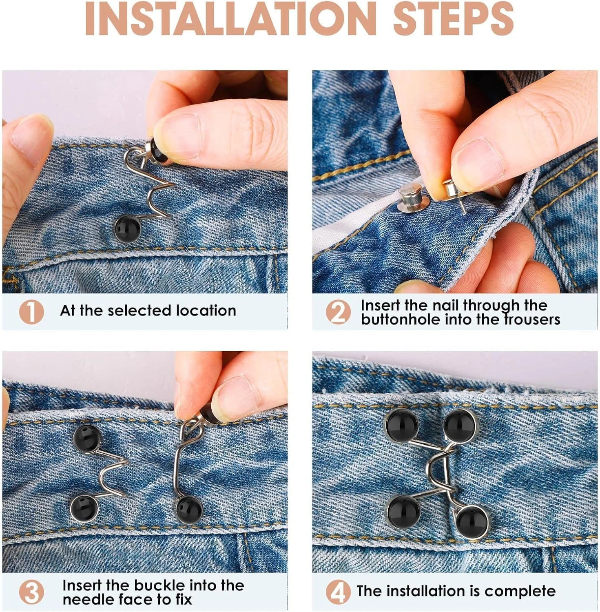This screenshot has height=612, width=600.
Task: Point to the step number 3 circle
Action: coord(31,592)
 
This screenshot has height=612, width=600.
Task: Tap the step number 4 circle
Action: coord(338,592)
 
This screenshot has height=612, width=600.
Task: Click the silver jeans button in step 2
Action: coord(413,198)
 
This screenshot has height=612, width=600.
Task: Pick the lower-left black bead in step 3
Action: coord(85,508)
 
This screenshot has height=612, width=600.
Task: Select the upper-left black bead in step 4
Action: coord(402,425)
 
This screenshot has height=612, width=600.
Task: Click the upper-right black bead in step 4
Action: coord(459,425)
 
